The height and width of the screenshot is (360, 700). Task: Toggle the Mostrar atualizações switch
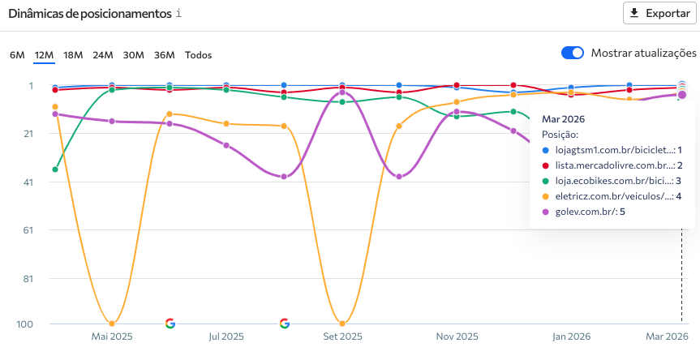573,53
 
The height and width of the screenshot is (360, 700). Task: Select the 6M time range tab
17,55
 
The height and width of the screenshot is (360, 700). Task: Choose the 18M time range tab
73,55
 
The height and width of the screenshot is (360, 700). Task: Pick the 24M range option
103,55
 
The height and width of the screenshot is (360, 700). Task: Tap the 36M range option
165,55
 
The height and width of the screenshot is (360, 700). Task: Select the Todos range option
198,55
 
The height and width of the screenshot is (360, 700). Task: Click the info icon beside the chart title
178,14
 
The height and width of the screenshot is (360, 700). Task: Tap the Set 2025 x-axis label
341,336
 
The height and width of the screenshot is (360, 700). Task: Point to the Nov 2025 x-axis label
457,336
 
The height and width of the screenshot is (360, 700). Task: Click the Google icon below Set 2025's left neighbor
284,324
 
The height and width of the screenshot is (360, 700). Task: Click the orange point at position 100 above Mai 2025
112,324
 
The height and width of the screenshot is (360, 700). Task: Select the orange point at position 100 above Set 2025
342,324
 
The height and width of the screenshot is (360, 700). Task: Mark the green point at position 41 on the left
55,169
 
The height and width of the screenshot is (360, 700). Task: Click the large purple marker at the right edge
681,95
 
